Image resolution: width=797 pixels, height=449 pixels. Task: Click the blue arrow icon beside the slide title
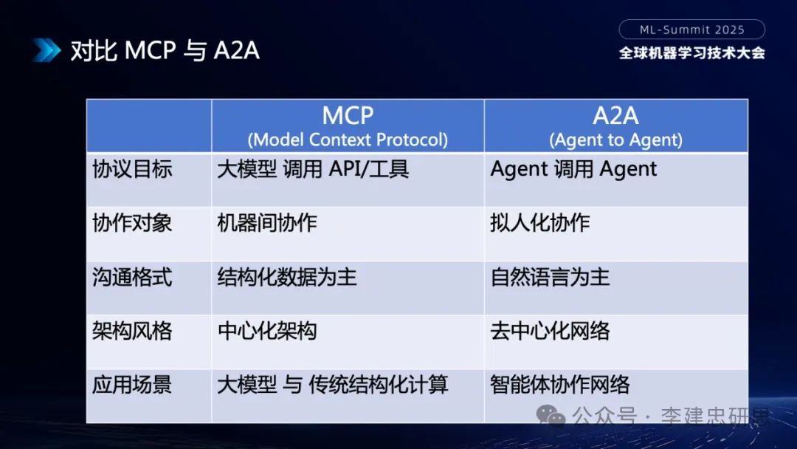(46, 49)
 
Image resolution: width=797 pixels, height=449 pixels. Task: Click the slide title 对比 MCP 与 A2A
(165, 50)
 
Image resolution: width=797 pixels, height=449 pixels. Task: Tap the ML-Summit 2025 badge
(691, 30)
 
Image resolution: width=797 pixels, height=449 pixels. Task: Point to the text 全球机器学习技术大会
(691, 53)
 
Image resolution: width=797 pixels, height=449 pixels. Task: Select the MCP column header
(348, 115)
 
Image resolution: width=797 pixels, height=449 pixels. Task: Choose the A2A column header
(615, 115)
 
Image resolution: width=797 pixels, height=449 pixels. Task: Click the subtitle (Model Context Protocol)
(348, 139)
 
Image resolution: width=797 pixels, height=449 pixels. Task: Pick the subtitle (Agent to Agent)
(615, 139)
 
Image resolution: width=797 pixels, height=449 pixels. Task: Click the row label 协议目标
(132, 169)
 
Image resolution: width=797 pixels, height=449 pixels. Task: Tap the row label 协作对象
(132, 223)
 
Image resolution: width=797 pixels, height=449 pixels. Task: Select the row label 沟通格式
(132, 277)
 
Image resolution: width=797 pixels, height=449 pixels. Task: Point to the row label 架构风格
(132, 330)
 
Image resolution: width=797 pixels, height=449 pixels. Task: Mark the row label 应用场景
(132, 384)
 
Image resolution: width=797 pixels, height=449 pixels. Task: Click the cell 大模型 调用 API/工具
(313, 169)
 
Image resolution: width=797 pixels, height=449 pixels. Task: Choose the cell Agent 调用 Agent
(573, 169)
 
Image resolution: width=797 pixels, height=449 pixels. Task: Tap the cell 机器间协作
(267, 223)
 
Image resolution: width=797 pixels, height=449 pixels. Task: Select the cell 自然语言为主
(550, 277)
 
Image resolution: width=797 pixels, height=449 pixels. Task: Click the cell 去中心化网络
(550, 330)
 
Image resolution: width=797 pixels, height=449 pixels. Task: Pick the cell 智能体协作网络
(560, 384)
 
